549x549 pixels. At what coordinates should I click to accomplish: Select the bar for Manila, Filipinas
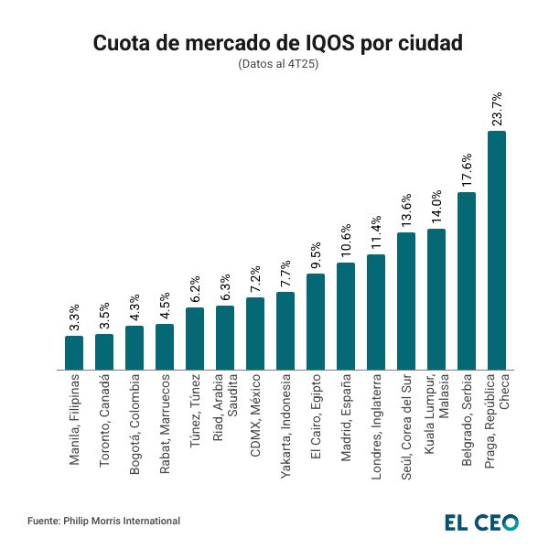pyautogui.click(x=74, y=352)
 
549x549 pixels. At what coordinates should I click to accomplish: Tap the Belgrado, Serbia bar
pyautogui.click(x=467, y=281)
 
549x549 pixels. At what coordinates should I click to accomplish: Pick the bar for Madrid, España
pyautogui.click(x=346, y=316)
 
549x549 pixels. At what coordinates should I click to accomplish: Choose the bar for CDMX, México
pyautogui.click(x=255, y=333)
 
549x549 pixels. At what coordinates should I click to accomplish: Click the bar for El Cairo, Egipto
pyautogui.click(x=316, y=321)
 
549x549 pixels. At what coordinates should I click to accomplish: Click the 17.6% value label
pyautogui.click(x=467, y=168)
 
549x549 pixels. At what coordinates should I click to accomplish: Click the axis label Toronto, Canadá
pyautogui.click(x=104, y=420)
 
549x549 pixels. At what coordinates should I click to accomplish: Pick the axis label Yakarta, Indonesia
pyautogui.click(x=285, y=426)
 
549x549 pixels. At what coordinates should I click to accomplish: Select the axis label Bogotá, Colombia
pyautogui.click(x=135, y=424)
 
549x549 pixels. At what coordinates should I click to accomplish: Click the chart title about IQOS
pyautogui.click(x=274, y=43)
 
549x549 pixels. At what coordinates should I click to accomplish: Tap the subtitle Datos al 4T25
pyautogui.click(x=274, y=65)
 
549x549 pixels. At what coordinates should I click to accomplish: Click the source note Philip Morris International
pyautogui.click(x=103, y=521)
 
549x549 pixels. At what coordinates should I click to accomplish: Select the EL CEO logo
pyautogui.click(x=481, y=522)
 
